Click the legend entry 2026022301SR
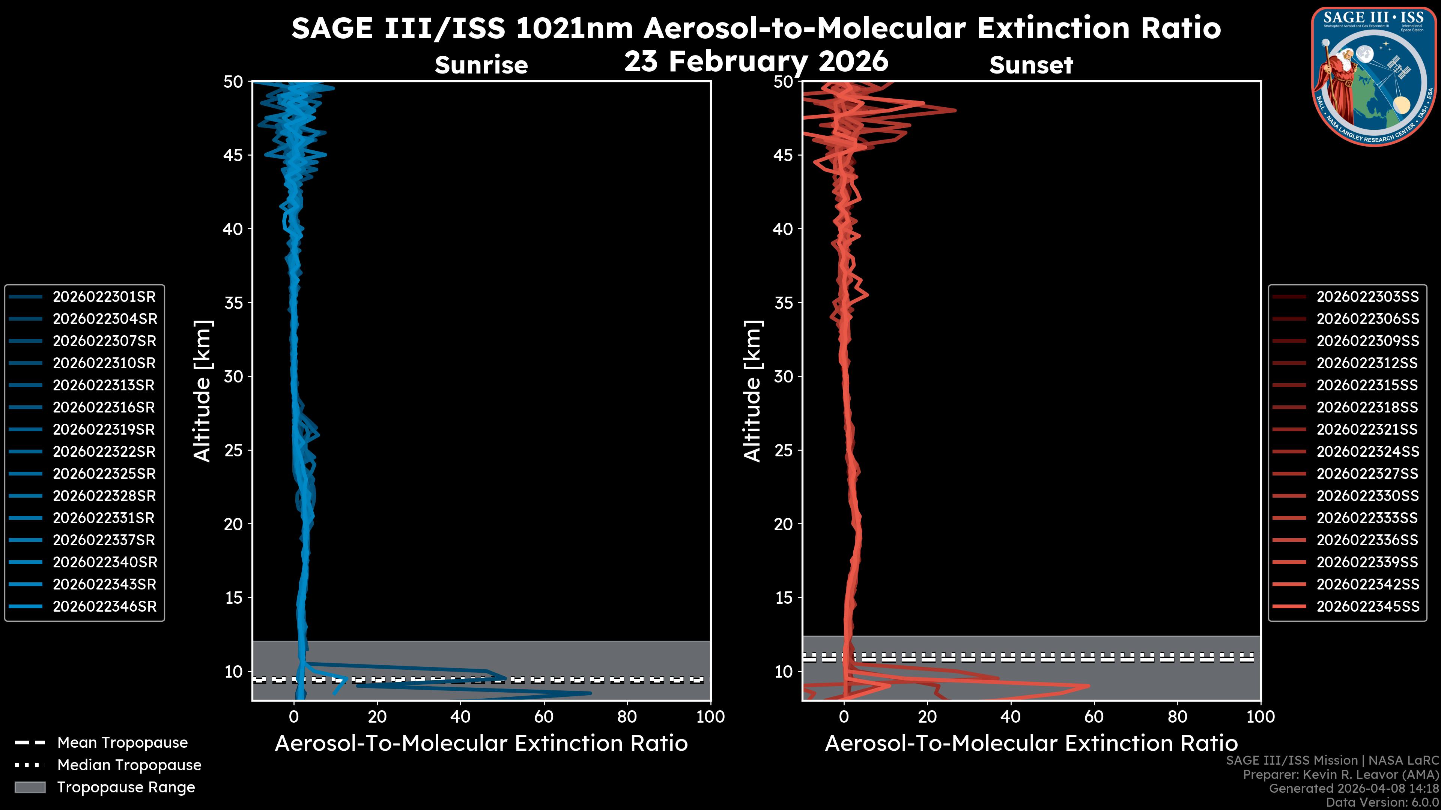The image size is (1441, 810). pyautogui.click(x=104, y=297)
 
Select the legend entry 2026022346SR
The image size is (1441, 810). pyautogui.click(x=104, y=606)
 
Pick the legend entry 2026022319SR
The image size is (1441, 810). pyautogui.click(x=104, y=429)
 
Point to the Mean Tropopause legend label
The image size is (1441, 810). pyautogui.click(x=122, y=743)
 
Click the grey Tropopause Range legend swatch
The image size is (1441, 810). pyautogui.click(x=30, y=787)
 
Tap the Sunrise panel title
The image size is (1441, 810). pyautogui.click(x=481, y=65)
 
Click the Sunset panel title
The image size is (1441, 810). pyautogui.click(x=1031, y=65)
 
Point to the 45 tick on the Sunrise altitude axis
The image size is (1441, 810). pyautogui.click(x=233, y=155)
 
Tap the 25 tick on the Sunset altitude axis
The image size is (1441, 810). pyautogui.click(x=783, y=450)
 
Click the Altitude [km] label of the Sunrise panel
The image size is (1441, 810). pyautogui.click(x=202, y=391)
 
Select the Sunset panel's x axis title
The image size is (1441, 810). pyautogui.click(x=1031, y=744)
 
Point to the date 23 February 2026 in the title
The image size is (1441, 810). pyautogui.click(x=756, y=61)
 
